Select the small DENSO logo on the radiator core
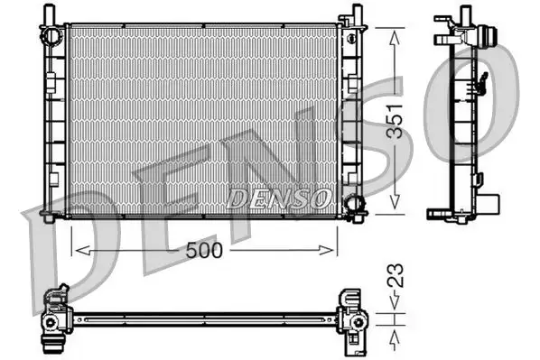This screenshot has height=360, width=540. [x=280, y=197]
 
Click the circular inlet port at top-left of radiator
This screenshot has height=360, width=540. [x=54, y=34]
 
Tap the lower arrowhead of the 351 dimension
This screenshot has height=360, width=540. [x=395, y=208]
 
